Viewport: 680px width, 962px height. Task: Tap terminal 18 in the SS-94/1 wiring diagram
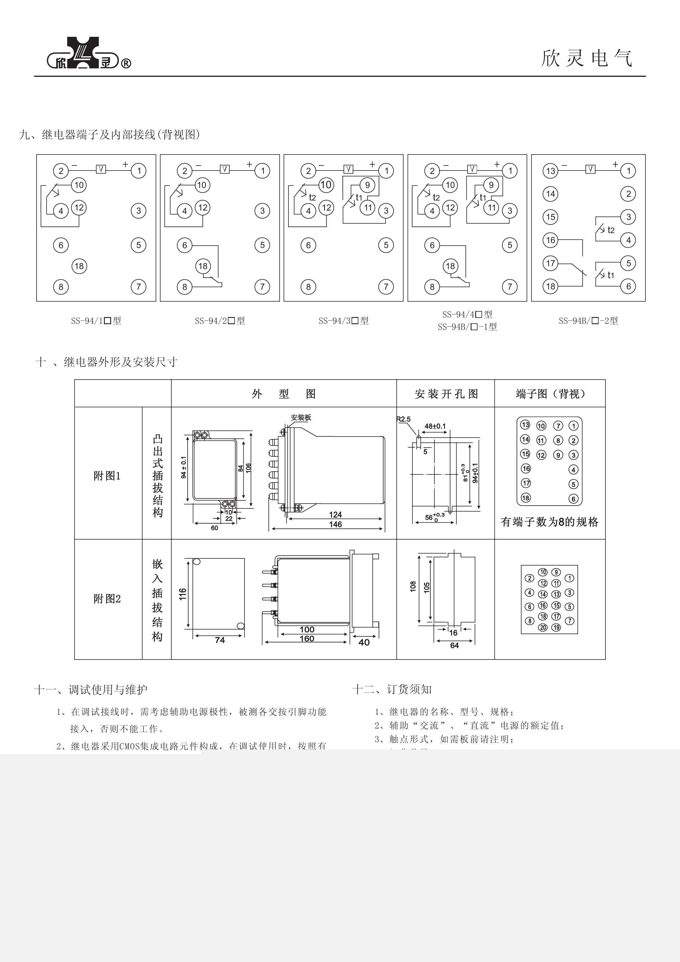(79, 266)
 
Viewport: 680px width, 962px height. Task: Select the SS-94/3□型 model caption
(343, 321)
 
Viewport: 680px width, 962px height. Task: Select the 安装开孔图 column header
(446, 394)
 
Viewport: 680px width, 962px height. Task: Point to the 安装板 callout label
(301, 418)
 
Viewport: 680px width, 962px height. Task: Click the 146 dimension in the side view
(335, 524)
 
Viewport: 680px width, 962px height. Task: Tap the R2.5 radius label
(404, 419)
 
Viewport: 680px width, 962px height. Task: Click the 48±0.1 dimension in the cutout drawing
(435, 426)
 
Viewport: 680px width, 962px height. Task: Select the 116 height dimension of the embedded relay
(183, 594)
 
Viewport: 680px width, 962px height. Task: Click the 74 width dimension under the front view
(220, 640)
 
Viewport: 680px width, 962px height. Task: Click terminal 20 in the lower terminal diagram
(543, 627)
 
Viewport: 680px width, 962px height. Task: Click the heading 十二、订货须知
(392, 689)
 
